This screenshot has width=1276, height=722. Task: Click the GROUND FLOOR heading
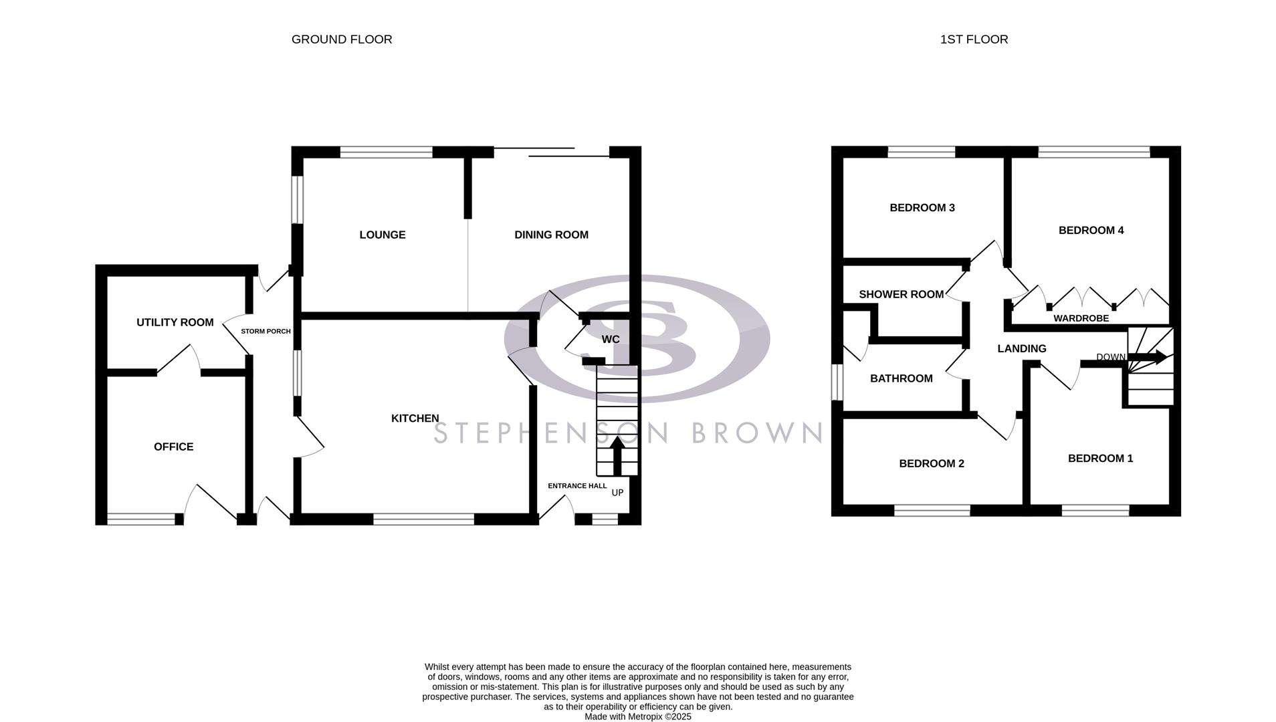coord(342,39)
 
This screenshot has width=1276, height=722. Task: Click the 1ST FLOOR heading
coord(974,39)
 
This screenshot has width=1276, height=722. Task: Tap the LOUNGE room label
coord(383,235)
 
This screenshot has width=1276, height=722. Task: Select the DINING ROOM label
coord(551,235)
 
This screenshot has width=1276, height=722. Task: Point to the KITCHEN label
coord(415,418)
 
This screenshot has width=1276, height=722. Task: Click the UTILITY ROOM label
coord(175,322)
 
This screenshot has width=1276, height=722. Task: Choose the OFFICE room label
coord(174,447)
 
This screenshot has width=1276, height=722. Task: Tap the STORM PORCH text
coord(265,332)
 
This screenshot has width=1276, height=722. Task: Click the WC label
coord(611,340)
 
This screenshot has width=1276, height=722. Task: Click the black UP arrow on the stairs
coord(617,454)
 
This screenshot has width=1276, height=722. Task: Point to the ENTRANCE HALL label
coord(577,486)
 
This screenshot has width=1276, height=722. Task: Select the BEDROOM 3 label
coord(922,208)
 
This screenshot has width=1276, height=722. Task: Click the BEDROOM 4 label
coord(1091,231)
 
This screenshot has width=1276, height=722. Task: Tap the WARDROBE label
coord(1081,318)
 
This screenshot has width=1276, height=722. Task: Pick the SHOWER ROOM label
coord(901,294)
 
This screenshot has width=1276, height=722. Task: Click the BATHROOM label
coord(901,378)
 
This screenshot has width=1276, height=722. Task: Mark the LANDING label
coord(1021,348)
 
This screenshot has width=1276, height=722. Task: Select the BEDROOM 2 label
coord(931,463)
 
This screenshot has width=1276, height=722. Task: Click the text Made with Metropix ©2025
coord(637,717)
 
